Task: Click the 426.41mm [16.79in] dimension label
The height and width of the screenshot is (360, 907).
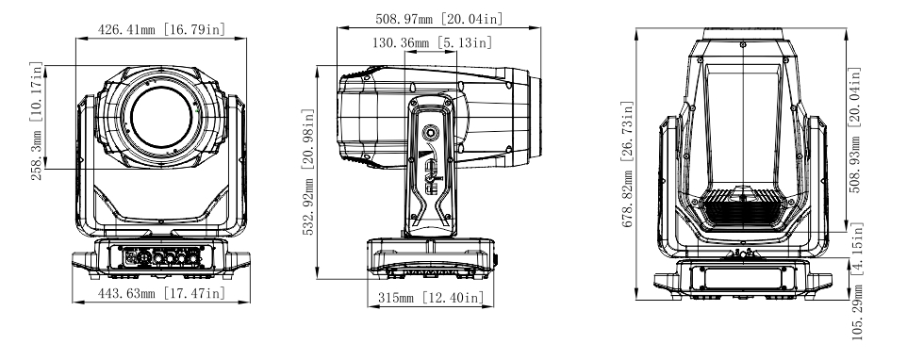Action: pos(161,29)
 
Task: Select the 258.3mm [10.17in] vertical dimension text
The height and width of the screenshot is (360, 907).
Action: pos(37,121)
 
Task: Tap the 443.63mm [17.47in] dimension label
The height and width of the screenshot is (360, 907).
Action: pos(161,293)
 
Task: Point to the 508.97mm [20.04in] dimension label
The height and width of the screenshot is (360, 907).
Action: pos(439,19)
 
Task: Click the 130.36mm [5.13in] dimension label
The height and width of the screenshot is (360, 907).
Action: pos(432,42)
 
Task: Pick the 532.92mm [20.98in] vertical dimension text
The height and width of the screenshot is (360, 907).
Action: pos(308,172)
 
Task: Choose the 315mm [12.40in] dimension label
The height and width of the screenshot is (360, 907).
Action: pos(431,298)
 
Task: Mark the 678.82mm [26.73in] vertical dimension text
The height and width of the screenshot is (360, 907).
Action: pos(628,165)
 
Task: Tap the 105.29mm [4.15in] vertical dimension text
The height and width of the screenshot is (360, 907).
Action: pos(857,281)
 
